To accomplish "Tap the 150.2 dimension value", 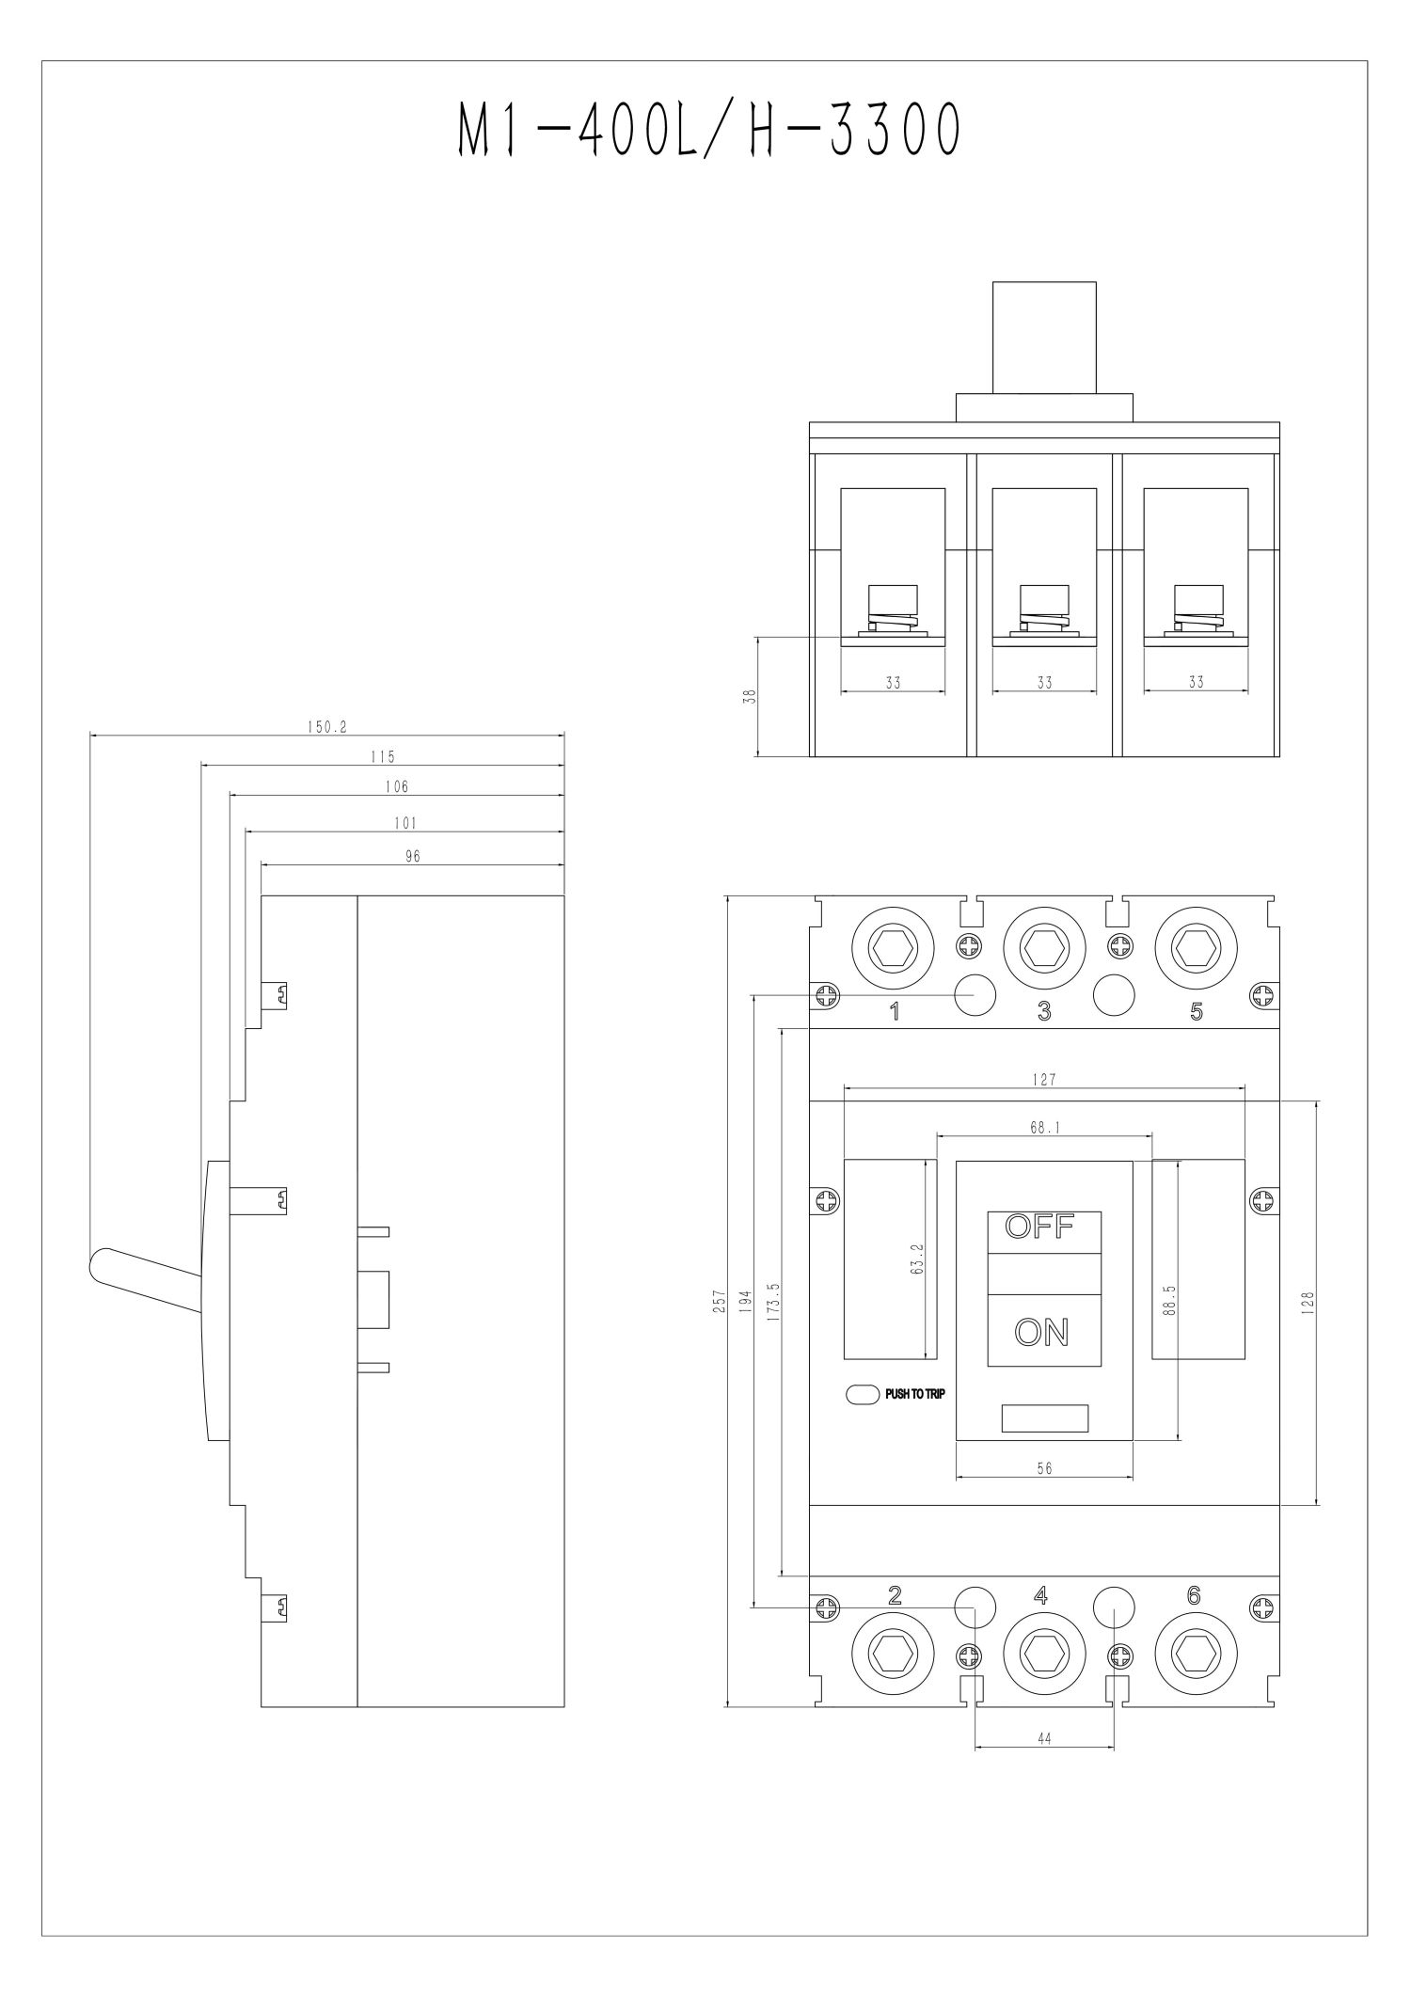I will pyautogui.click(x=327, y=727).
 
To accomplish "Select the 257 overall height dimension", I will pyautogui.click(x=720, y=1301).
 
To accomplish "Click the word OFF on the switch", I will pyautogui.click(x=1039, y=1227).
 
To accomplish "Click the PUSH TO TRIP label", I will pyautogui.click(x=914, y=1394).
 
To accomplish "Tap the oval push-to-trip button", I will pyautogui.click(x=862, y=1394).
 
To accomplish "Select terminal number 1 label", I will pyautogui.click(x=895, y=1011).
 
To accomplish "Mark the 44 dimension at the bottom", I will pyautogui.click(x=1044, y=1739).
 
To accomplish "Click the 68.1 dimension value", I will pyautogui.click(x=1044, y=1127).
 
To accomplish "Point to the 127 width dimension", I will pyautogui.click(x=1044, y=1080).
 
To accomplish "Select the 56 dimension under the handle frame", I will pyautogui.click(x=1044, y=1467).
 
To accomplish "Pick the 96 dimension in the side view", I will pyautogui.click(x=412, y=856).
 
